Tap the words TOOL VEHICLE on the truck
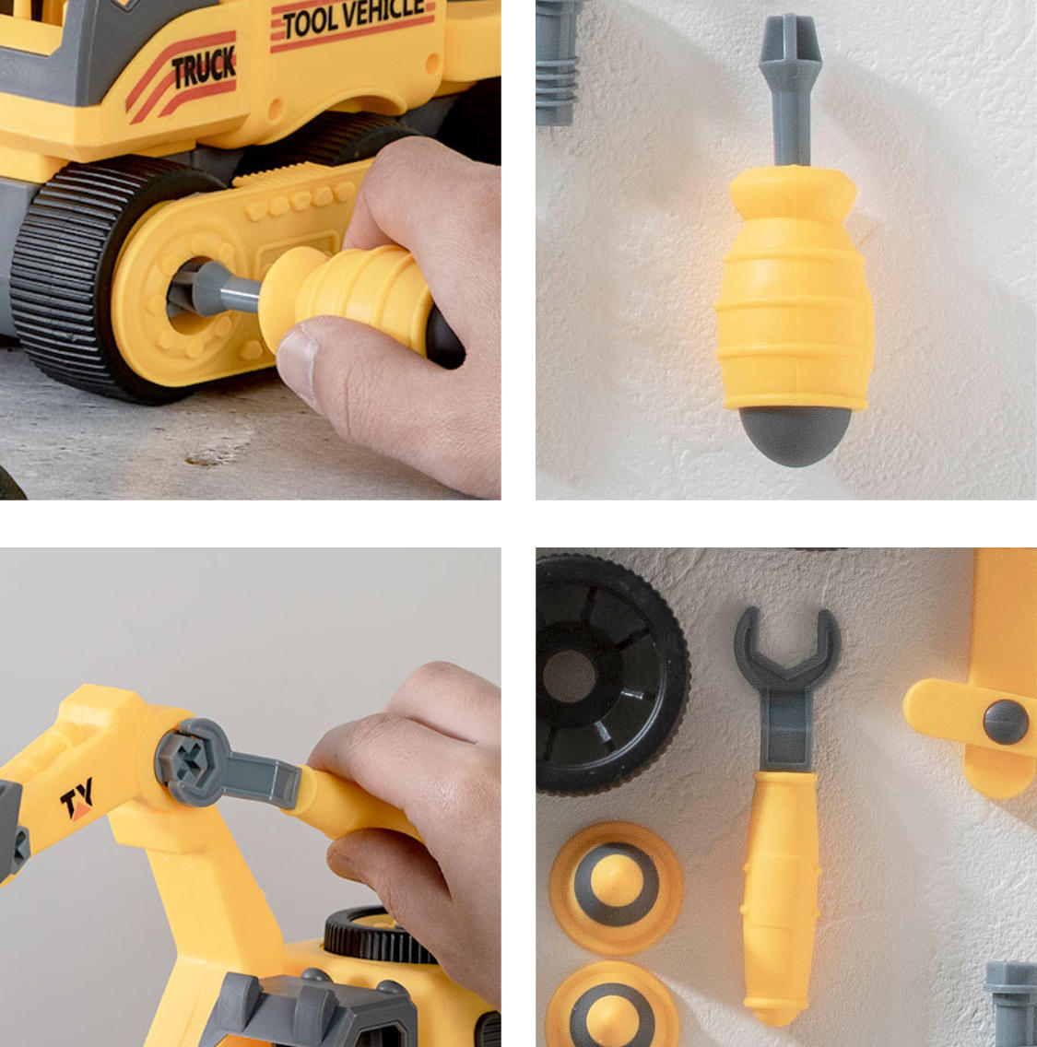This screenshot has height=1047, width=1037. (354, 18)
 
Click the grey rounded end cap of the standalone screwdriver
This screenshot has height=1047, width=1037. (795, 435)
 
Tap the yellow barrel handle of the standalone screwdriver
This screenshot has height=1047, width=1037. (794, 288)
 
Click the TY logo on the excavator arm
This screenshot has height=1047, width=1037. (77, 799)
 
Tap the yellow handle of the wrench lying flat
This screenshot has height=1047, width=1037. (781, 895)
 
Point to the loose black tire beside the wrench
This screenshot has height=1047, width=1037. (611, 675)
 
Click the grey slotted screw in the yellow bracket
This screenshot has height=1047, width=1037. (1006, 722)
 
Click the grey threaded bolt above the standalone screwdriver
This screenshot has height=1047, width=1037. (557, 64)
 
